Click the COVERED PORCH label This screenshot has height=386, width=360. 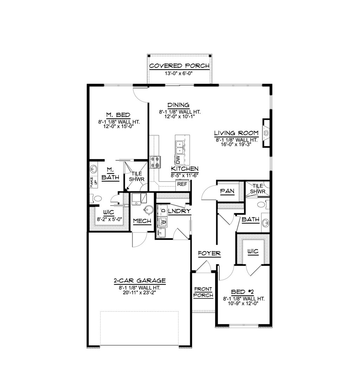180,66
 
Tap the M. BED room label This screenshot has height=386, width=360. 118,115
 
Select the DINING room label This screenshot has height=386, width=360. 179,105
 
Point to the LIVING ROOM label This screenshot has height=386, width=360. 237,133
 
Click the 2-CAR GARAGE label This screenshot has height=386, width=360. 140,281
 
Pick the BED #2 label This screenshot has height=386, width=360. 243,292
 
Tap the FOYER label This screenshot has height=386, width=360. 209,253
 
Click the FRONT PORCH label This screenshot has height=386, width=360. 203,292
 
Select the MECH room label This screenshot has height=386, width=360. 142,221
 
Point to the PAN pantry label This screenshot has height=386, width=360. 225,191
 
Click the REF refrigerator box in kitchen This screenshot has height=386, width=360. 182,184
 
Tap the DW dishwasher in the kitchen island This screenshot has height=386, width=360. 178,160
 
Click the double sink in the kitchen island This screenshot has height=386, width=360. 180,147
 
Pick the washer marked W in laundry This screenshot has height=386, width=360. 162,222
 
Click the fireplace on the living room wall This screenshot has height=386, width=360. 266,133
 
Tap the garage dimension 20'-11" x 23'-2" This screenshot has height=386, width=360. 140,292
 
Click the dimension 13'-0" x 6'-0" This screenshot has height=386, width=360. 180,73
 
